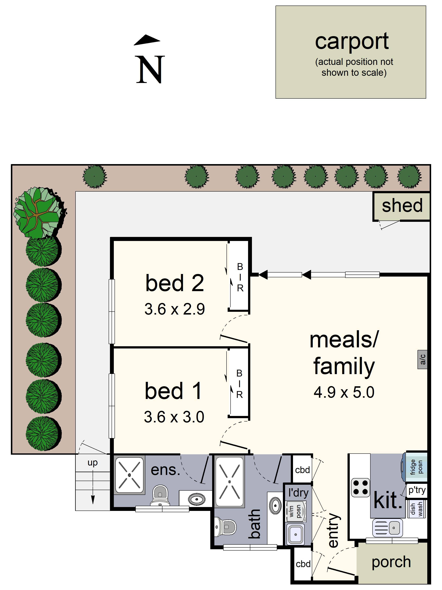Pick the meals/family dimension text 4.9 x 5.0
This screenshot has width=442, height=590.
(344, 392)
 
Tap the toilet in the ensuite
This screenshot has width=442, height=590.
(160, 496)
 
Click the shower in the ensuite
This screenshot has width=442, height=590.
(129, 475)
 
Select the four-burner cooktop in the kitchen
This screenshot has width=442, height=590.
(360, 487)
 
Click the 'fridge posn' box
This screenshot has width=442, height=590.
(416, 467)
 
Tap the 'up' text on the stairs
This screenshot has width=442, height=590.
(92, 462)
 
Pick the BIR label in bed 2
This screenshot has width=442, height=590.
(240, 277)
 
